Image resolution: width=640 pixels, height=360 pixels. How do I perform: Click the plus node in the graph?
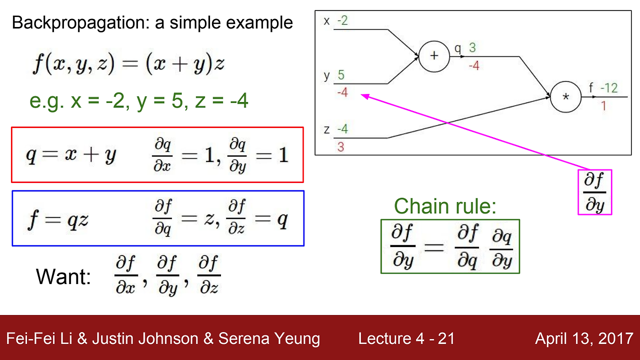coord(433,55)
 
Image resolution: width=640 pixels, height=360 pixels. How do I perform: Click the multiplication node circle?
coord(565,96)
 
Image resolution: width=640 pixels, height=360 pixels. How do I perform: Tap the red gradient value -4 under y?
coord(342,92)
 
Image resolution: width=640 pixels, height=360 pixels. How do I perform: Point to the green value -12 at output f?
coord(609,88)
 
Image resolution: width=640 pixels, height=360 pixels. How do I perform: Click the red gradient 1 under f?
coord(603,106)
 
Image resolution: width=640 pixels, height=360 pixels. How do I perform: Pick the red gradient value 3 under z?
coord(340,147)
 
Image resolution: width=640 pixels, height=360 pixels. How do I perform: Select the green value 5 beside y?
coord(341,75)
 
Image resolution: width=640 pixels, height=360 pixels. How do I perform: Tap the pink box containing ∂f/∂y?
coord(594,192)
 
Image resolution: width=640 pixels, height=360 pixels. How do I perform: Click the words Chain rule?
coord(445,206)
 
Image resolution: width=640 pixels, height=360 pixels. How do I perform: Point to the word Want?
coord(63,276)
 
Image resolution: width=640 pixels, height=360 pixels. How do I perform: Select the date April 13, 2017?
coord(584,338)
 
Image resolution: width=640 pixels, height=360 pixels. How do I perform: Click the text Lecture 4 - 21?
coord(406,338)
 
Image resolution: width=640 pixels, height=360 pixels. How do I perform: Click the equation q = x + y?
coord(71,155)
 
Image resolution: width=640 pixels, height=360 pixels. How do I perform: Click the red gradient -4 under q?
coord(474,65)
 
